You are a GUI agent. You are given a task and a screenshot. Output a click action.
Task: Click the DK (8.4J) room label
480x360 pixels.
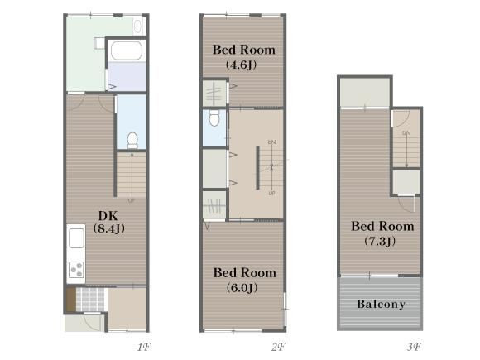(x=108, y=223)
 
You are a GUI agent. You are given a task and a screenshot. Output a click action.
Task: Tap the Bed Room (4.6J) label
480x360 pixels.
(x=243, y=57)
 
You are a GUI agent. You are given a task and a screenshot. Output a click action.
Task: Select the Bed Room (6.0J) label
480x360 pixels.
(x=245, y=280)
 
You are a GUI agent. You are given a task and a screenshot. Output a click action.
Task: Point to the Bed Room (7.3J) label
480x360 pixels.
(x=382, y=233)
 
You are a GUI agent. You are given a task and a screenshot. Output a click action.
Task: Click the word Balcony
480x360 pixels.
(x=382, y=304)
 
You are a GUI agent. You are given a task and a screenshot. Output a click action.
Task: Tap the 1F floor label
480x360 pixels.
(x=143, y=347)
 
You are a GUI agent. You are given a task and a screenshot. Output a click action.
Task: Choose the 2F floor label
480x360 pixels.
(x=278, y=347)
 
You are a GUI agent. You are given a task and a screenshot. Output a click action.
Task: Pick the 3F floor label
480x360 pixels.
(x=414, y=347)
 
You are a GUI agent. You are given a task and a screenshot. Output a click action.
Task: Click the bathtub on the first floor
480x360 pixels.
(x=127, y=50)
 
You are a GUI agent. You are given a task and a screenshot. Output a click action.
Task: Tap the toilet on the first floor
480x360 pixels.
(x=132, y=140)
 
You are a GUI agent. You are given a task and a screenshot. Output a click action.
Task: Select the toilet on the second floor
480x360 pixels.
(x=214, y=118)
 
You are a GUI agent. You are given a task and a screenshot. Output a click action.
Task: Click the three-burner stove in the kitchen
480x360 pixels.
(x=76, y=270)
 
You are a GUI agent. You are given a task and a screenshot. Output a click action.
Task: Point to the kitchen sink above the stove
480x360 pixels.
(x=76, y=238)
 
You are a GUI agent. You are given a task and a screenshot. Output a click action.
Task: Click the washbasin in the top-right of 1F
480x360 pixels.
(x=138, y=26)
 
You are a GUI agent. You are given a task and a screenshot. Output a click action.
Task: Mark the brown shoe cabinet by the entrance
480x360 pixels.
(x=71, y=300)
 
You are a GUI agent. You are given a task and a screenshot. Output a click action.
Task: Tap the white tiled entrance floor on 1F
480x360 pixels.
(x=90, y=300)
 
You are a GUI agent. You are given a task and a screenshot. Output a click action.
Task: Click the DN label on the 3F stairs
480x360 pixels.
(x=406, y=133)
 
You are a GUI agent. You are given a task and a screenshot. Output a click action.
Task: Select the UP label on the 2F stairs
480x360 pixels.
(x=271, y=193)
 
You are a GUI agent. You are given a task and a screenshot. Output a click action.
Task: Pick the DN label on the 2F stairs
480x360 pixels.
(x=271, y=142)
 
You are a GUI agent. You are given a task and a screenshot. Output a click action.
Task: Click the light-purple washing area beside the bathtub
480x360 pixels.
(x=127, y=76)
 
